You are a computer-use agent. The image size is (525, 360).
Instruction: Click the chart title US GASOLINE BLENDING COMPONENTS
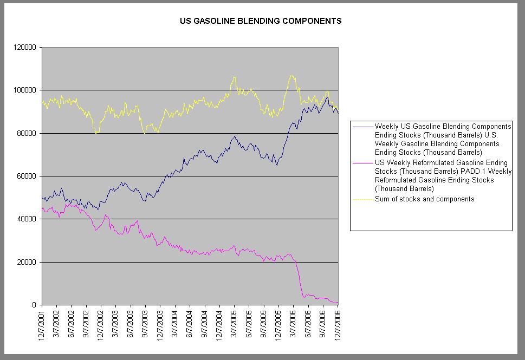point(261,22)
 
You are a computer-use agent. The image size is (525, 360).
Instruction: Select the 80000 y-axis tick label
point(26,133)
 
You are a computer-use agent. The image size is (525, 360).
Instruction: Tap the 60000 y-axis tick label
point(26,176)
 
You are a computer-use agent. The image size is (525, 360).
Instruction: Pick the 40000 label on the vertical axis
point(26,219)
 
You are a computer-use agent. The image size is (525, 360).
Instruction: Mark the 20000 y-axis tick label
point(26,262)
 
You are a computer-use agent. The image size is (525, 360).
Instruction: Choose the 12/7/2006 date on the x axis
point(338,325)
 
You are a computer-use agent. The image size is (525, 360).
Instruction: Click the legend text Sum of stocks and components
point(424,199)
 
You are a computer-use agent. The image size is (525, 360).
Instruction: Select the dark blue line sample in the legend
point(362,126)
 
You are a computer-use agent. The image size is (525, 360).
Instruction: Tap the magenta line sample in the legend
point(362,162)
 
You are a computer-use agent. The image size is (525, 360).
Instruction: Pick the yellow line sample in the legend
point(362,199)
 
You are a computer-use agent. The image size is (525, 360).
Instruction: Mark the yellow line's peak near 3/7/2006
point(292,75)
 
